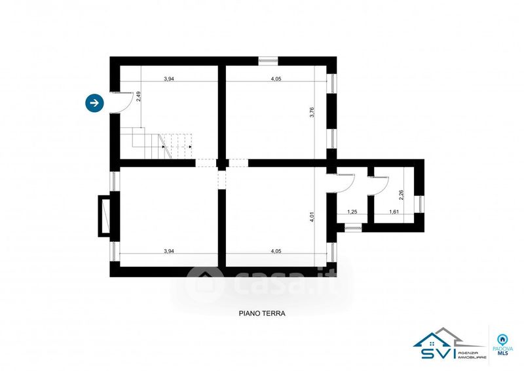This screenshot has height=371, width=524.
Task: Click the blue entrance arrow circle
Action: tap(94, 103)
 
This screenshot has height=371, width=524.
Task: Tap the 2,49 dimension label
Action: tap(139, 96)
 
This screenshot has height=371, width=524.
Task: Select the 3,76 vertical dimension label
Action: tap(312, 112)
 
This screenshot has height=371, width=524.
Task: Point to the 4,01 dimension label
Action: tap(312, 216)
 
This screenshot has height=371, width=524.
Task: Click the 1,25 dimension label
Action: tap(352, 212)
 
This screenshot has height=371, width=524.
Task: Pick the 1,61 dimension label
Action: tap(394, 212)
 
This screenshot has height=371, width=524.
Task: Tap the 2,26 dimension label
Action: tap(401, 195)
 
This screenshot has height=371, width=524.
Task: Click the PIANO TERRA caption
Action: tap(262, 313)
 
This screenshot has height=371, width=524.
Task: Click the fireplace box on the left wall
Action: tap(104, 216)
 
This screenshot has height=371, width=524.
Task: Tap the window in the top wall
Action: tap(268, 60)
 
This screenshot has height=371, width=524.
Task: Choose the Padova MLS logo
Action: tap(501, 345)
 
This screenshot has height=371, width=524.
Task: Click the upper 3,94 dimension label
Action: tap(169, 79)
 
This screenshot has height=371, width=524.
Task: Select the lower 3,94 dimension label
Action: tap(169, 251)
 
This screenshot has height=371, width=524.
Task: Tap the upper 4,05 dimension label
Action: tap(276, 79)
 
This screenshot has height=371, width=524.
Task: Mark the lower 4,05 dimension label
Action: tap(276, 251)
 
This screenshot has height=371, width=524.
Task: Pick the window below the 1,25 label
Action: tap(353, 228)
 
